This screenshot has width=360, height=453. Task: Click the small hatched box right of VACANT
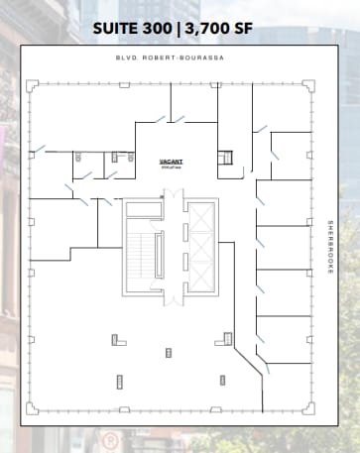pos(225,158)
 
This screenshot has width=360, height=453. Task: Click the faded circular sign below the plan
pos(112,439)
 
